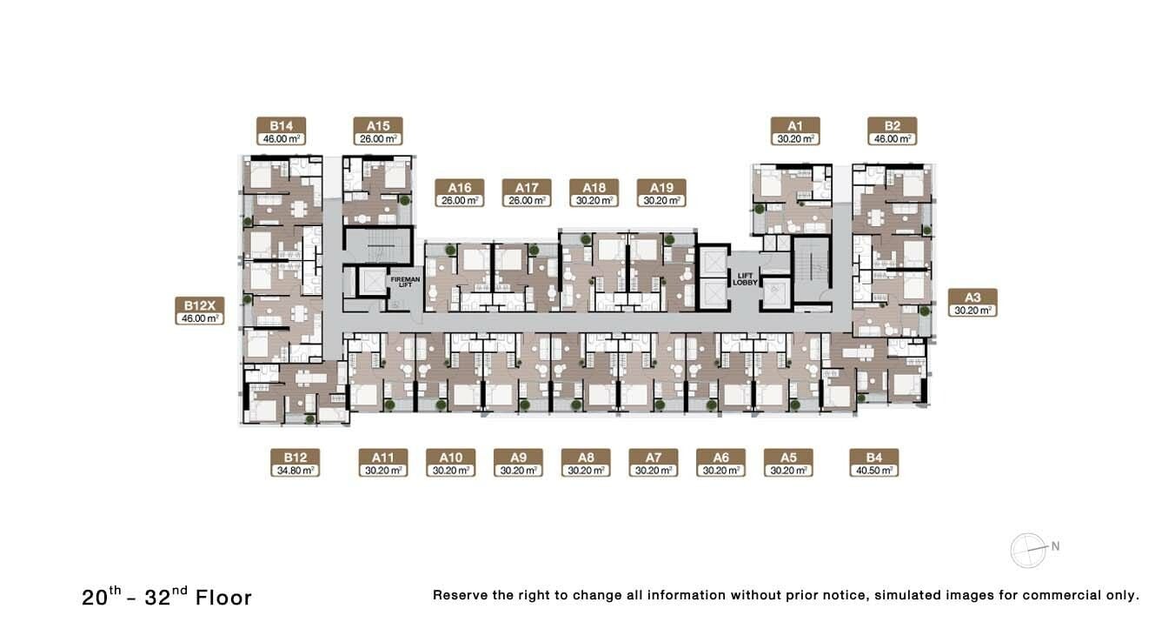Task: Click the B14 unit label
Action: pyautogui.click(x=282, y=130)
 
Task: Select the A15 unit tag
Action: pyautogui.click(x=378, y=130)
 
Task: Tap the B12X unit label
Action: pyautogui.click(x=199, y=311)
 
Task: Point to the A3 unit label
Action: pyautogui.click(x=973, y=303)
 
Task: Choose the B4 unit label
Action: pyautogui.click(x=874, y=463)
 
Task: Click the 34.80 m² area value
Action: pyautogui.click(x=295, y=471)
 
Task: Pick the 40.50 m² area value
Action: pyautogui.click(x=874, y=471)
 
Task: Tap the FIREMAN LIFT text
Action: pyautogui.click(x=406, y=283)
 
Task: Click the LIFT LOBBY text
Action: pyautogui.click(x=745, y=279)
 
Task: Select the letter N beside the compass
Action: pyautogui.click(x=1055, y=546)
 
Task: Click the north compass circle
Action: pyautogui.click(x=1028, y=551)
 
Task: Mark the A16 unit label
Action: pyautogui.click(x=460, y=192)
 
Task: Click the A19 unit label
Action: pyautogui.click(x=661, y=192)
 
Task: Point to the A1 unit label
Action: pyautogui.click(x=795, y=130)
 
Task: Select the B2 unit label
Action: pyautogui.click(x=893, y=130)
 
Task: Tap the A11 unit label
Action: pyautogui.click(x=383, y=463)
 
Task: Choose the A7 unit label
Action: pyautogui.click(x=654, y=463)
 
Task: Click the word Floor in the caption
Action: pyautogui.click(x=224, y=598)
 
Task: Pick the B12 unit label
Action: pyautogui.click(x=295, y=463)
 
